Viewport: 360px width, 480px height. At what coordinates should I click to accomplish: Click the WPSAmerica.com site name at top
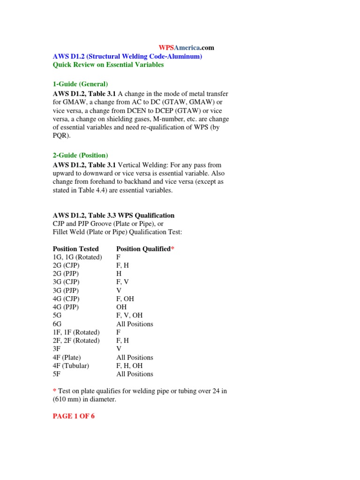pyautogui.click(x=186, y=48)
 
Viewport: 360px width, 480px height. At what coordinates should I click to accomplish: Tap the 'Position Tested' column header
pyautogui.click(x=76, y=249)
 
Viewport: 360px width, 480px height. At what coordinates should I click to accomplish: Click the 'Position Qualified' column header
pyautogui.click(x=143, y=249)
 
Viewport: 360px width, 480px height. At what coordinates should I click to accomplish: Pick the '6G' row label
pyautogui.click(x=58, y=324)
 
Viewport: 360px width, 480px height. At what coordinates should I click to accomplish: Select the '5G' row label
pyautogui.click(x=58, y=315)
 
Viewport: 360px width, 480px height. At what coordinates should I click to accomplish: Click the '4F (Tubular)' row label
pyautogui.click(x=71, y=366)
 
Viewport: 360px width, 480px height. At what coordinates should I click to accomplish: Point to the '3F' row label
pyautogui.click(x=57, y=349)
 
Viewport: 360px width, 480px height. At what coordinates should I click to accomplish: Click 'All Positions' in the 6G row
pyautogui.click(x=135, y=324)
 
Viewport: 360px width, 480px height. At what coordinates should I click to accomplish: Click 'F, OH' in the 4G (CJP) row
pyautogui.click(x=125, y=299)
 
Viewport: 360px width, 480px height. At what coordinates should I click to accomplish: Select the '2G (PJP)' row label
pyautogui.click(x=66, y=274)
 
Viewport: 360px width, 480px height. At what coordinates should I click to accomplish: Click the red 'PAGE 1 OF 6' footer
pyautogui.click(x=74, y=416)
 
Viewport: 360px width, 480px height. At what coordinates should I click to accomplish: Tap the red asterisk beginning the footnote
pyautogui.click(x=54, y=391)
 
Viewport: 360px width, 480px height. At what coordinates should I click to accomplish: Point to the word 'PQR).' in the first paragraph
pyautogui.click(x=62, y=135)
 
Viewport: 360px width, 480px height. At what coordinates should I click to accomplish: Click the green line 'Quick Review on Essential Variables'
pyautogui.click(x=108, y=65)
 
